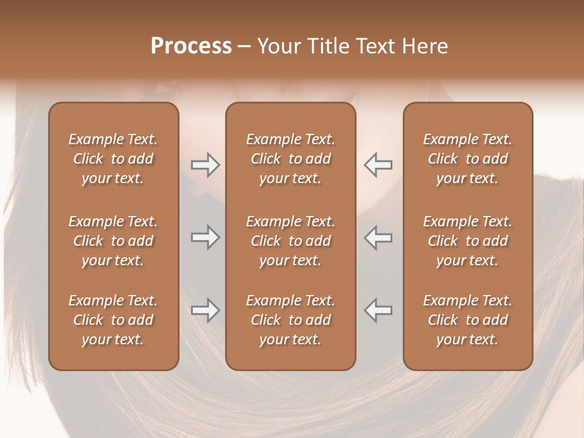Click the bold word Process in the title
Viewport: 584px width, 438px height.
click(191, 46)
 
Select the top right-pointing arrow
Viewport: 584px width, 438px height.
click(205, 165)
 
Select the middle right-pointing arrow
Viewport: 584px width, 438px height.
click(205, 237)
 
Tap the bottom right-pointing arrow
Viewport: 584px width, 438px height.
click(205, 310)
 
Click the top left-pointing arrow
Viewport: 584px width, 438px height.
click(378, 165)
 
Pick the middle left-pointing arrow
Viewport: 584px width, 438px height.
click(378, 237)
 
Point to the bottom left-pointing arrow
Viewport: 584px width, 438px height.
click(378, 310)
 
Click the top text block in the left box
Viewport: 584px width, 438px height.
click(113, 159)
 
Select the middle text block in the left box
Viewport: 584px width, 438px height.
click(113, 241)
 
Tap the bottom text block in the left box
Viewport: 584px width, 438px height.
click(113, 320)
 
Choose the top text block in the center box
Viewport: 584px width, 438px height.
click(290, 159)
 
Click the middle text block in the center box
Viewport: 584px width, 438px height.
click(290, 241)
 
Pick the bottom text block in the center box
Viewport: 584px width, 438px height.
click(290, 320)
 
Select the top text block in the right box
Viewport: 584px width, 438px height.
click(467, 159)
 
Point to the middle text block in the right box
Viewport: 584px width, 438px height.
click(467, 241)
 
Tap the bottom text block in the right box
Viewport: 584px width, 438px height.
click(467, 320)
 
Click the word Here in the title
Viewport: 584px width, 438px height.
click(425, 46)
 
